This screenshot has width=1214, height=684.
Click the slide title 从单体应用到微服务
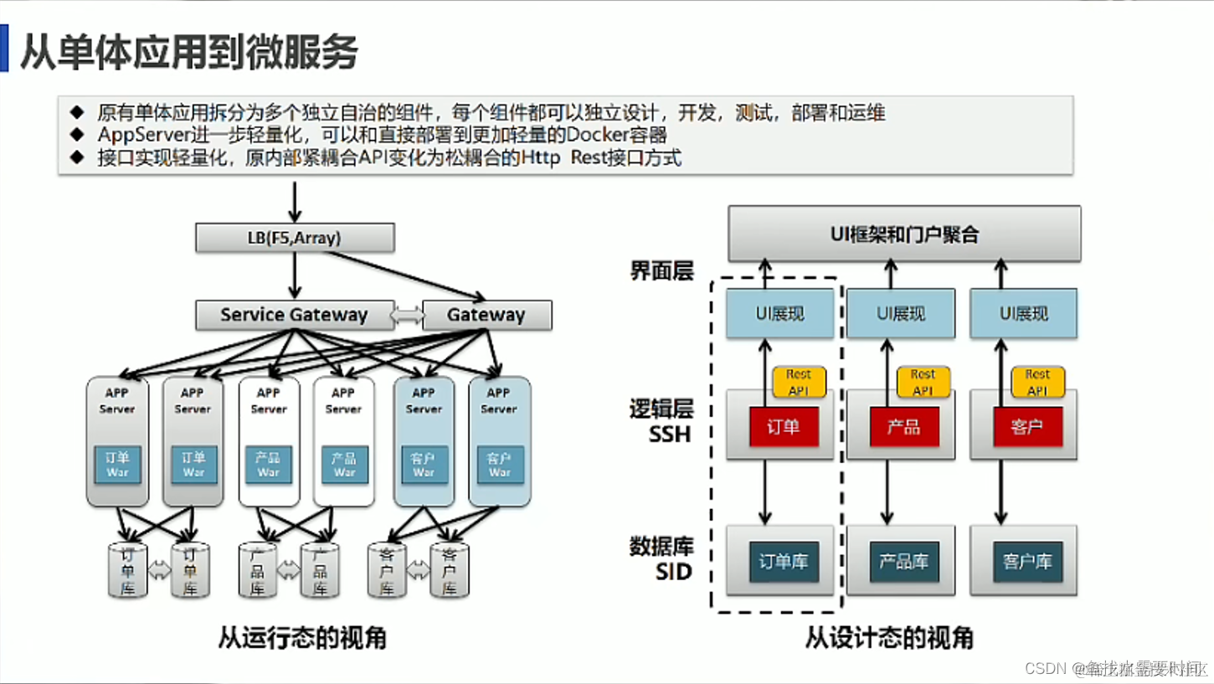click(x=189, y=52)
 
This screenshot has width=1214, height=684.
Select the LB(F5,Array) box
click(x=295, y=238)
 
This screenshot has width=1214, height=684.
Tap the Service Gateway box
click(x=294, y=316)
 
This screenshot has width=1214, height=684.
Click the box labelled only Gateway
click(x=486, y=316)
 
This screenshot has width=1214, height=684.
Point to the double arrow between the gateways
click(x=408, y=316)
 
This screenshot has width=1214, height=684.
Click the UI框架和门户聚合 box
click(x=904, y=234)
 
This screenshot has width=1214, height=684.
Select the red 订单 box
click(x=784, y=427)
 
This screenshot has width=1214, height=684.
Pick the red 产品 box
click(x=904, y=427)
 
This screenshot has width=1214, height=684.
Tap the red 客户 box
click(x=1026, y=427)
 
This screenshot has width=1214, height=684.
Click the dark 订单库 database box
click(x=784, y=562)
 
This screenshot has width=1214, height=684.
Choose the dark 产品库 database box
click(x=904, y=562)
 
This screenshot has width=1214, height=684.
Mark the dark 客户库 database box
click(x=1026, y=562)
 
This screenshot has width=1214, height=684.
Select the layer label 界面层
click(x=661, y=271)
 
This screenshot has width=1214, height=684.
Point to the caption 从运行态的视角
click(x=302, y=638)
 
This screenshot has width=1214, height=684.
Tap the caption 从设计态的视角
click(x=889, y=638)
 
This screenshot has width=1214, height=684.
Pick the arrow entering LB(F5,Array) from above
click(x=295, y=201)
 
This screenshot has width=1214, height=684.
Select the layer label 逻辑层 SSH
click(x=661, y=421)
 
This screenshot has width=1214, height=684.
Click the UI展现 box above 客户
click(x=1024, y=314)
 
